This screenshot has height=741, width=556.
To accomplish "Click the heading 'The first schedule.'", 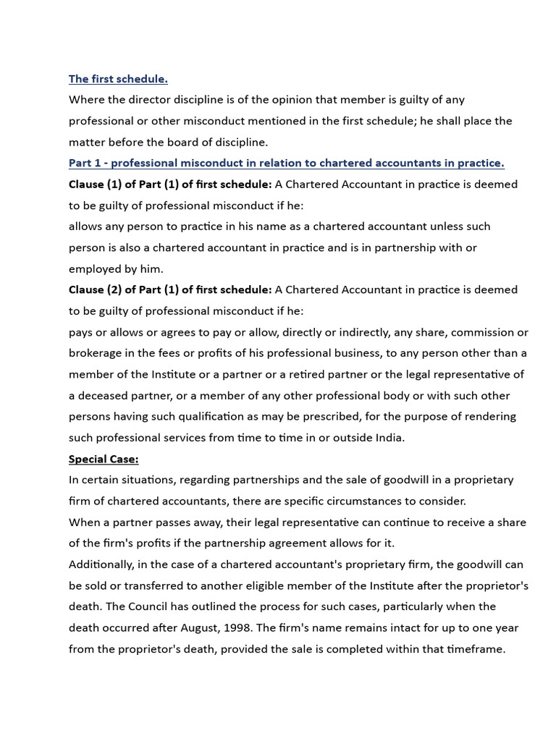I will pos(118,79).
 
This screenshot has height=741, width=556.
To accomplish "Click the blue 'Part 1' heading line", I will pos(286,163).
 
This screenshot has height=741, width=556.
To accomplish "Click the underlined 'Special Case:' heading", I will pos(104,459).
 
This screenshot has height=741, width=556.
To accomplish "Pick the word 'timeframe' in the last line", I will pos(474,649).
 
